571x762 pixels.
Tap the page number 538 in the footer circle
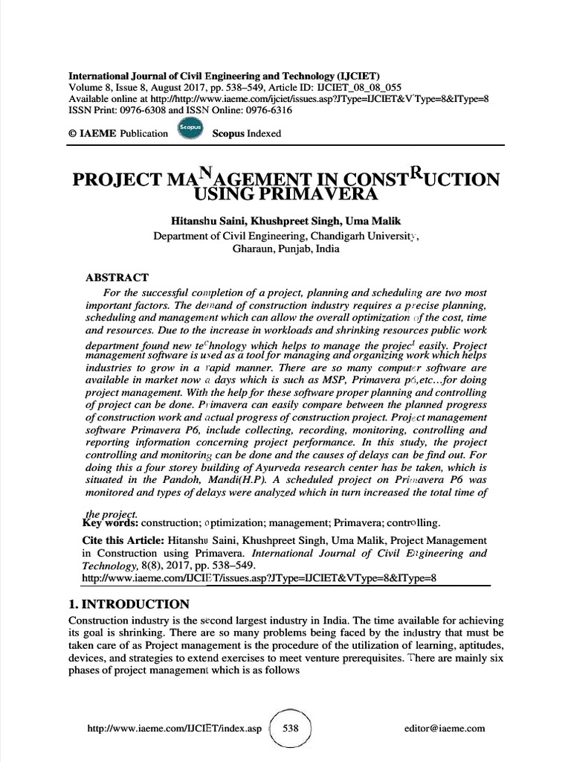coord(290,729)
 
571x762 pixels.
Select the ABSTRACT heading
coord(117,278)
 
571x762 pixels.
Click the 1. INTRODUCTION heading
coord(128,604)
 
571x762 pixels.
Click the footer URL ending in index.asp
coord(175,729)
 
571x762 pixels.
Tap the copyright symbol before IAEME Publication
coord(73,134)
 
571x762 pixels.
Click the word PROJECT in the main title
coord(116,181)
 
